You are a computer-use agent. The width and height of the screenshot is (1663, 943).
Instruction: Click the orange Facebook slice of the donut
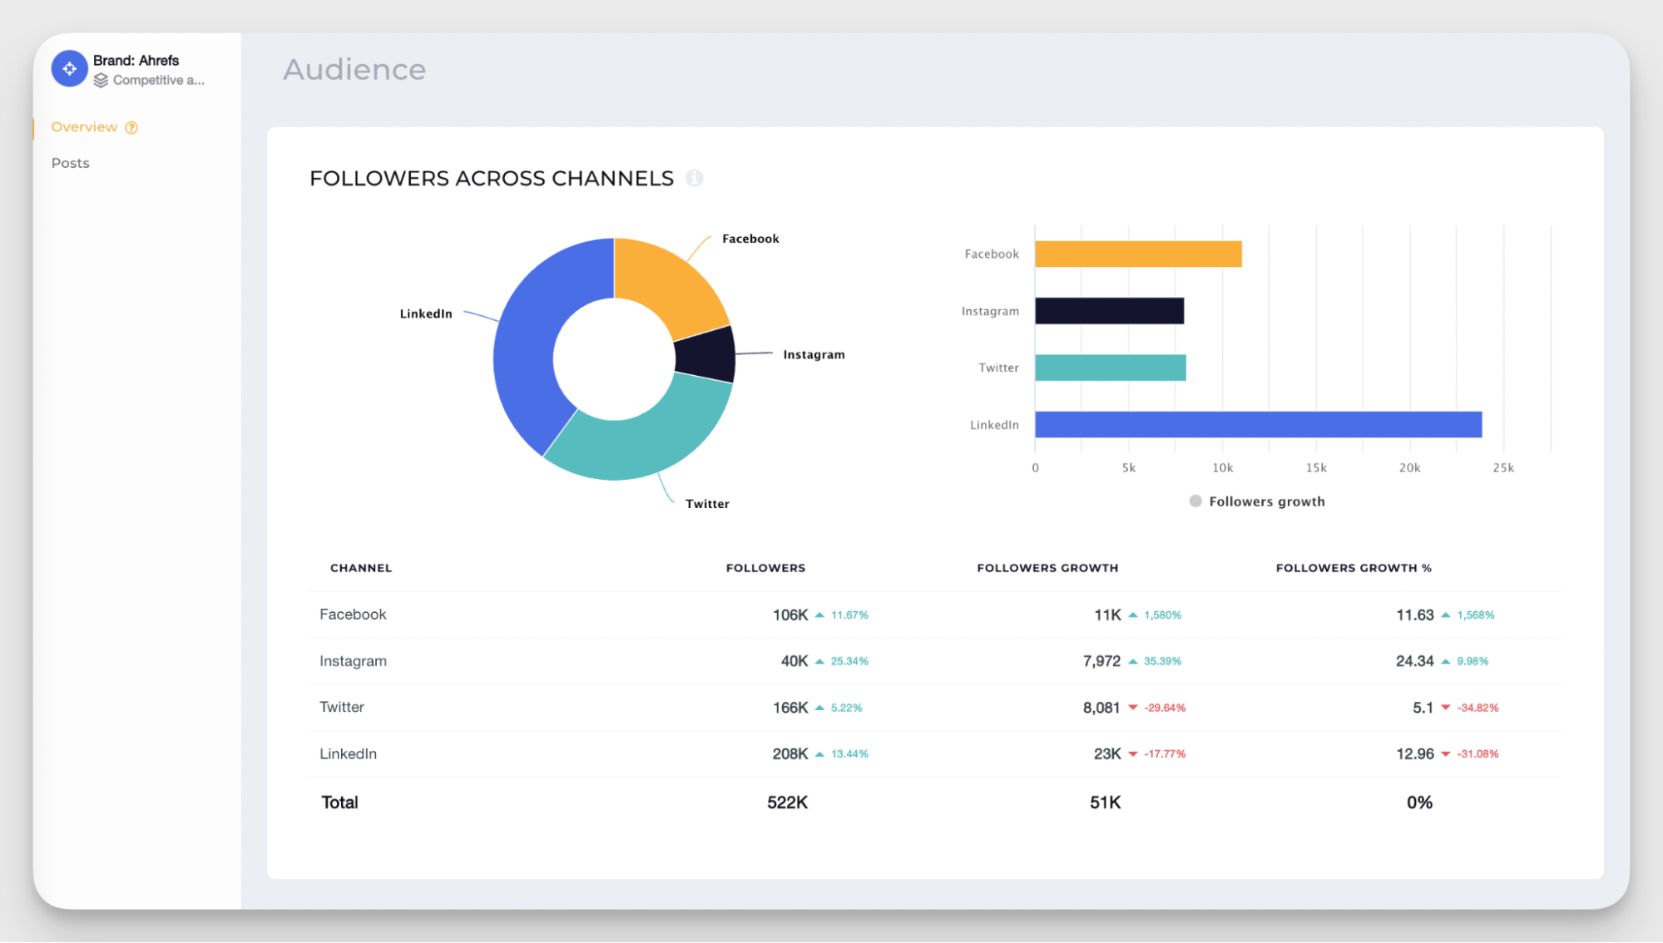click(x=666, y=283)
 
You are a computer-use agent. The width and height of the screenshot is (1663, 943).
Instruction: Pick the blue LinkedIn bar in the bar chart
click(x=1258, y=424)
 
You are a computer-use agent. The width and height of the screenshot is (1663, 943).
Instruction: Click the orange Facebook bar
click(x=1138, y=254)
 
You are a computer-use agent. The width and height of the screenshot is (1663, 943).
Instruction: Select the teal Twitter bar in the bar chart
click(x=1110, y=368)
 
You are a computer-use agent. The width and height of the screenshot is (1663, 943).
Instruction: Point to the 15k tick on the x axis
click(x=1315, y=467)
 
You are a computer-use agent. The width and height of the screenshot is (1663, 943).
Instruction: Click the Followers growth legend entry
click(x=1257, y=501)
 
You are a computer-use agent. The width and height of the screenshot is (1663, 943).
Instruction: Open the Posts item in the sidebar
click(x=70, y=163)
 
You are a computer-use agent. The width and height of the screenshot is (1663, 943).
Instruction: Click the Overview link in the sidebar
click(x=84, y=127)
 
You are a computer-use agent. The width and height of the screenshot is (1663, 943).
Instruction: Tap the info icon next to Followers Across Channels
click(x=694, y=178)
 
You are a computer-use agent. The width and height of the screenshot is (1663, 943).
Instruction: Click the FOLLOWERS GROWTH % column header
click(x=1353, y=568)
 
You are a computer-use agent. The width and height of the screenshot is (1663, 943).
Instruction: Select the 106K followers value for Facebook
click(x=789, y=615)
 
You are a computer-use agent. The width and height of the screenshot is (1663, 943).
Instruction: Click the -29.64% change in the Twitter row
click(x=1164, y=708)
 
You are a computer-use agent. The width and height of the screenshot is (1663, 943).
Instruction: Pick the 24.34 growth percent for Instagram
click(x=1414, y=661)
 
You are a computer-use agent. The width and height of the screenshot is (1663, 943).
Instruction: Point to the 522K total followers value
click(x=787, y=802)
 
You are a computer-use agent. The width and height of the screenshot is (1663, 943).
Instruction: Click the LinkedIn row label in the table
click(x=348, y=753)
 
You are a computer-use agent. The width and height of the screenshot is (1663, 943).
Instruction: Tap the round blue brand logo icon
click(x=69, y=69)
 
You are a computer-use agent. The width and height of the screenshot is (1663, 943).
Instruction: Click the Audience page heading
click(x=354, y=69)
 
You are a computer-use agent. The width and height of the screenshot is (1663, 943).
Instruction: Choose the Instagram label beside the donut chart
click(x=813, y=354)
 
